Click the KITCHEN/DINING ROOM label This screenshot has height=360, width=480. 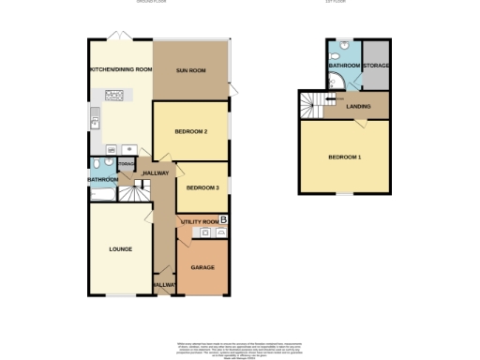coord(120,70)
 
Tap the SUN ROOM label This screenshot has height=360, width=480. coord(191,70)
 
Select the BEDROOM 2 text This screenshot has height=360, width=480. coord(190,131)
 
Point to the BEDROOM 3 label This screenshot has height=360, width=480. coord(202,187)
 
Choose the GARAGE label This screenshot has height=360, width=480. coord(202,267)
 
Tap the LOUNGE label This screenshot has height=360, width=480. coord(119,249)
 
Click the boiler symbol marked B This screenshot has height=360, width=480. coord(223,219)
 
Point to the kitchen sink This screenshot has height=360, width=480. coord(95,118)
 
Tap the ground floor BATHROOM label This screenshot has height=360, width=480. coord(102,179)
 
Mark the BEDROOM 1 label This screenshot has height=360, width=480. coord(344,157)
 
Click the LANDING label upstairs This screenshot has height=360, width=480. coord(357,107)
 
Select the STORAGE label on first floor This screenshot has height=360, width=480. coord(376,66)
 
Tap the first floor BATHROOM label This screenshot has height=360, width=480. coord(344,66)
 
